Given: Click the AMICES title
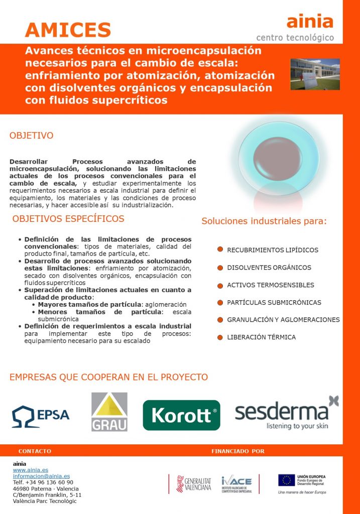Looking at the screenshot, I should tap(68, 30).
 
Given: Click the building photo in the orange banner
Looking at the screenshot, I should tap(315, 74).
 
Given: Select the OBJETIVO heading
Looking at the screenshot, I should tap(32, 136).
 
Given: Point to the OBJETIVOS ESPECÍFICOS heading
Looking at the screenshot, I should tap(68, 219).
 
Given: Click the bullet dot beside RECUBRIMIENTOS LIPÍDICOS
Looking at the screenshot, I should tap(220, 249).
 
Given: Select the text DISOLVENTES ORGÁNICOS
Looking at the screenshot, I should tap(269, 268).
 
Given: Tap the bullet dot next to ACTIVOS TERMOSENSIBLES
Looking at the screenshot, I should tap(220, 285).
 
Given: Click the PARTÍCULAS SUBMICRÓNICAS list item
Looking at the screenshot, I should tap(274, 303).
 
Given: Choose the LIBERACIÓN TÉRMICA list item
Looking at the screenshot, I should tap(261, 337).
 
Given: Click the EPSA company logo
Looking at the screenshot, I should tap(41, 415).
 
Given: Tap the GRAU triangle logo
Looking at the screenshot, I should tap(109, 412).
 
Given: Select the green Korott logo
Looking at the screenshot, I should tap(181, 415).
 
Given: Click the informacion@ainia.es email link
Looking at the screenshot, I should tap(41, 476).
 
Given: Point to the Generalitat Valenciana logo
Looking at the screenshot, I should tap(194, 484).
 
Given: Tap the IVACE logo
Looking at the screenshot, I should tap(236, 484).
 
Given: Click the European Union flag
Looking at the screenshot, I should tap(286, 480).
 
